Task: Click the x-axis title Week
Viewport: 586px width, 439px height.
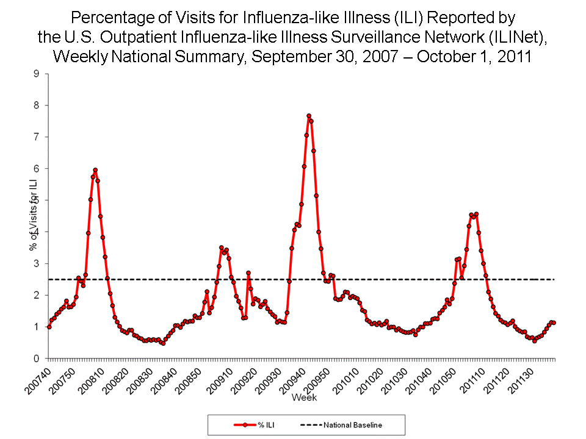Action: point(303,398)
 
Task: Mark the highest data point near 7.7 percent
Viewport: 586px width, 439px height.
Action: point(309,116)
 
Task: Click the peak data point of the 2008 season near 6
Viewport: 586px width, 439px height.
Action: point(95,170)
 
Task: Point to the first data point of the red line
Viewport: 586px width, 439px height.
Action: point(49,327)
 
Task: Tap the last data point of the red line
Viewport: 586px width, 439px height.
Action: point(554,323)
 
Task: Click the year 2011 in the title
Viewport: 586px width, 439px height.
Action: point(514,57)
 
